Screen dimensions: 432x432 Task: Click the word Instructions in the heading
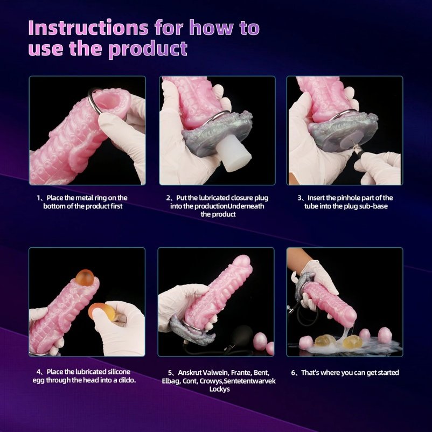point(88,28)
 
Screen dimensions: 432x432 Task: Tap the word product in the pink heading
point(148,49)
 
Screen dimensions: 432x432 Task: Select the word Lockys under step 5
point(219,389)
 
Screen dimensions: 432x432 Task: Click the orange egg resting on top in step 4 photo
point(85,278)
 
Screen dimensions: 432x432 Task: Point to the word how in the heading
point(212,28)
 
